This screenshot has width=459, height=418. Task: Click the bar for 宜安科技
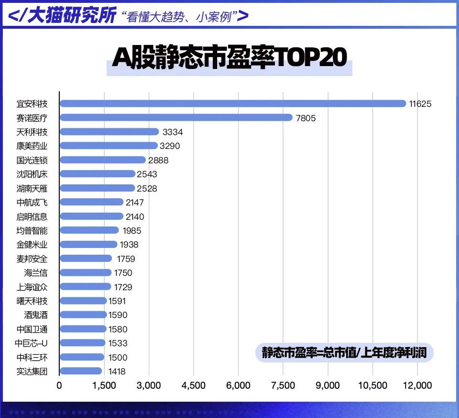232,103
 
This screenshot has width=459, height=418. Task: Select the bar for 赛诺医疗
175,118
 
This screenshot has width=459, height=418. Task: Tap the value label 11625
420,104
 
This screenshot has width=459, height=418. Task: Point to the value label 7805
306,118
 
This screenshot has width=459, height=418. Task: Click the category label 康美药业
32,146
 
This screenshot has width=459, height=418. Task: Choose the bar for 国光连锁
102,160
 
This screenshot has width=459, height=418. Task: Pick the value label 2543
147,174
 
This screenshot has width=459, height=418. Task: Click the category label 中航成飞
32,203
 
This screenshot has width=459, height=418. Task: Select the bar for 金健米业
88,245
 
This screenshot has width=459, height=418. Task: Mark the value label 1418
118,371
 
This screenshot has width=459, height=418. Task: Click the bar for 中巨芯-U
82,343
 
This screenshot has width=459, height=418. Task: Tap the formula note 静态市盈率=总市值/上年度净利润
344,353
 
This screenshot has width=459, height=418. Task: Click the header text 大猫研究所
72,15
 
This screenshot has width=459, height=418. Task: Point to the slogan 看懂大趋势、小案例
179,17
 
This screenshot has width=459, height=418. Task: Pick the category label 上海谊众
32,287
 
